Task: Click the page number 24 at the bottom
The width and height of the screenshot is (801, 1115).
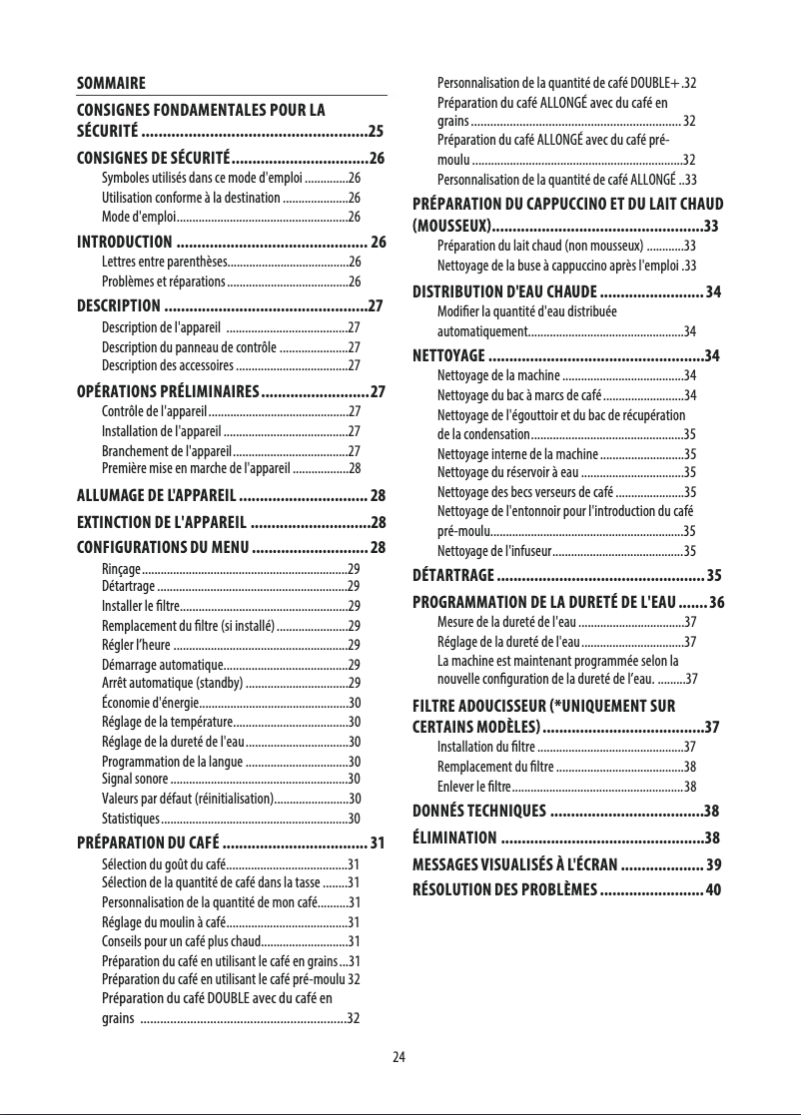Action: pyautogui.click(x=400, y=1057)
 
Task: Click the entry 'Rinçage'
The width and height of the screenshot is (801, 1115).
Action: pyautogui.click(x=121, y=567)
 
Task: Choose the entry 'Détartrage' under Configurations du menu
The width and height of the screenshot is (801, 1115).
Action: pyautogui.click(x=128, y=585)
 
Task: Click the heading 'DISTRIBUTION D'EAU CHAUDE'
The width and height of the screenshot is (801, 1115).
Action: pyautogui.click(x=504, y=291)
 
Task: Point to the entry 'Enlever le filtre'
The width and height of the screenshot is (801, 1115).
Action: pyautogui.click(x=475, y=786)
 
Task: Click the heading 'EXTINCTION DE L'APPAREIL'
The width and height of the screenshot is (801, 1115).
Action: pyautogui.click(x=162, y=522)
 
